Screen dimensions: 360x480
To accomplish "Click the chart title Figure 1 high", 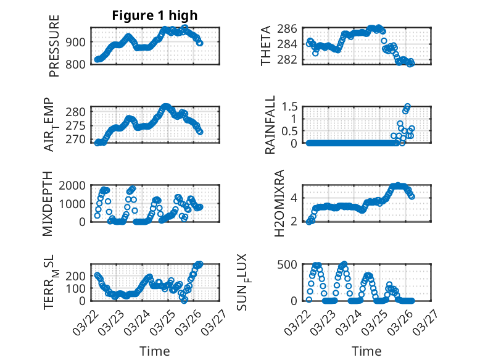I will pyautogui.click(x=154, y=16).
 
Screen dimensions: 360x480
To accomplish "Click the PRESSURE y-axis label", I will pyautogui.click(x=54, y=50).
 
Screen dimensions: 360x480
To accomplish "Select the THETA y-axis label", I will pyautogui.click(x=266, y=46).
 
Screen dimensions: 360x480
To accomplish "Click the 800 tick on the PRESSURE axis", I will pyautogui.click(x=78, y=63).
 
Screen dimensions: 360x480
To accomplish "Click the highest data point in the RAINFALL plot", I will pyautogui.click(x=407, y=106).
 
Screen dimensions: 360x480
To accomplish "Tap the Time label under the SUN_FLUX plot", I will pyautogui.click(x=366, y=351).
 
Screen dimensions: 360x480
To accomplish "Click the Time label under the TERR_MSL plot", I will pyautogui.click(x=154, y=351).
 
